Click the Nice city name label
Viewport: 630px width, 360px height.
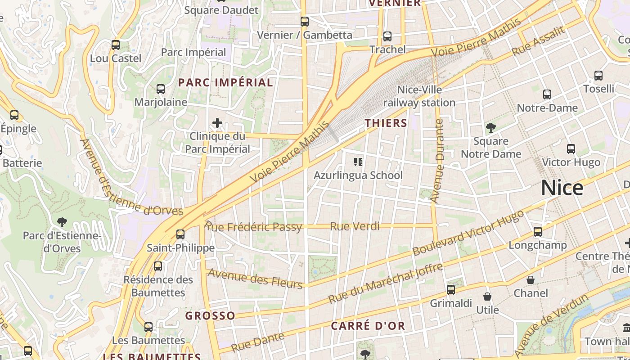(x=562, y=188)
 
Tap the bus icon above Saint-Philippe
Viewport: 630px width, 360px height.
(x=180, y=234)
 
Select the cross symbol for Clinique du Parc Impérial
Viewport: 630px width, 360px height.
(x=217, y=123)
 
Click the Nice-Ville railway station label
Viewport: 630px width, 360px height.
(x=419, y=96)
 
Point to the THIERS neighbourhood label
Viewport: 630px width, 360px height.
(x=386, y=123)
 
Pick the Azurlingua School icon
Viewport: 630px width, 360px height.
(x=358, y=162)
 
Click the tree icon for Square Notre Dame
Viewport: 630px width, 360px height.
(x=491, y=128)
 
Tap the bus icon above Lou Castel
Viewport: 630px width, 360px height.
(x=116, y=45)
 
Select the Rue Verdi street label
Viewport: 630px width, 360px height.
(x=355, y=226)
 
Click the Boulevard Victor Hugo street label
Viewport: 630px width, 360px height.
(x=468, y=233)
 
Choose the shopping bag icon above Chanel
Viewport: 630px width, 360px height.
(x=531, y=280)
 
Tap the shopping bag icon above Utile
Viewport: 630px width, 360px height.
(x=487, y=297)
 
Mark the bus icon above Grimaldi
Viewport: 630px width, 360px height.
(x=451, y=290)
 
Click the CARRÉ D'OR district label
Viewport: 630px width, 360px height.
(x=368, y=326)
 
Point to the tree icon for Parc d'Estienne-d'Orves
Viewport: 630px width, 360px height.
(x=62, y=222)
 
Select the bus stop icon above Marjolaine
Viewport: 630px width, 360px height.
(x=161, y=89)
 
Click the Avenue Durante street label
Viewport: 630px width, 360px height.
(x=437, y=161)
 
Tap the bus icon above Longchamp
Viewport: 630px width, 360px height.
(x=538, y=232)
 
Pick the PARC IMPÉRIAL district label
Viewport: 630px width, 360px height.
(x=225, y=82)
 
